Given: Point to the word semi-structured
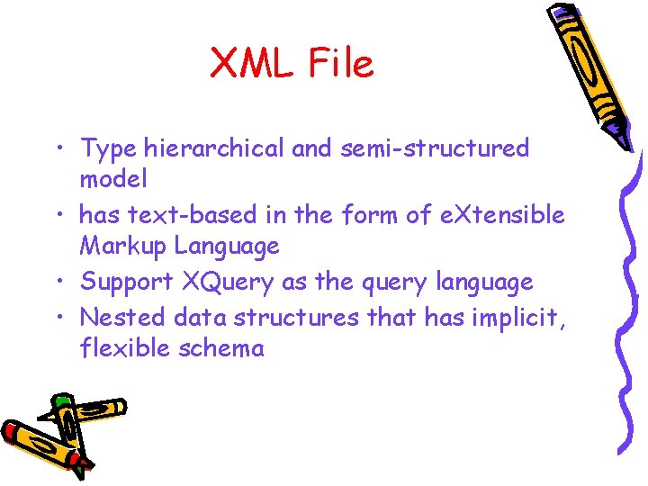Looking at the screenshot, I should (435, 148).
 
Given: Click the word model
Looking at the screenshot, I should (113, 179).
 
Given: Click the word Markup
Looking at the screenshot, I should (123, 246).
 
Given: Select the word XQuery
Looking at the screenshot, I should (228, 282).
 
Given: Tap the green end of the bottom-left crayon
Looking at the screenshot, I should (61, 400).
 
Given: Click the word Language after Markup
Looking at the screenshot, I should (227, 246).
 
